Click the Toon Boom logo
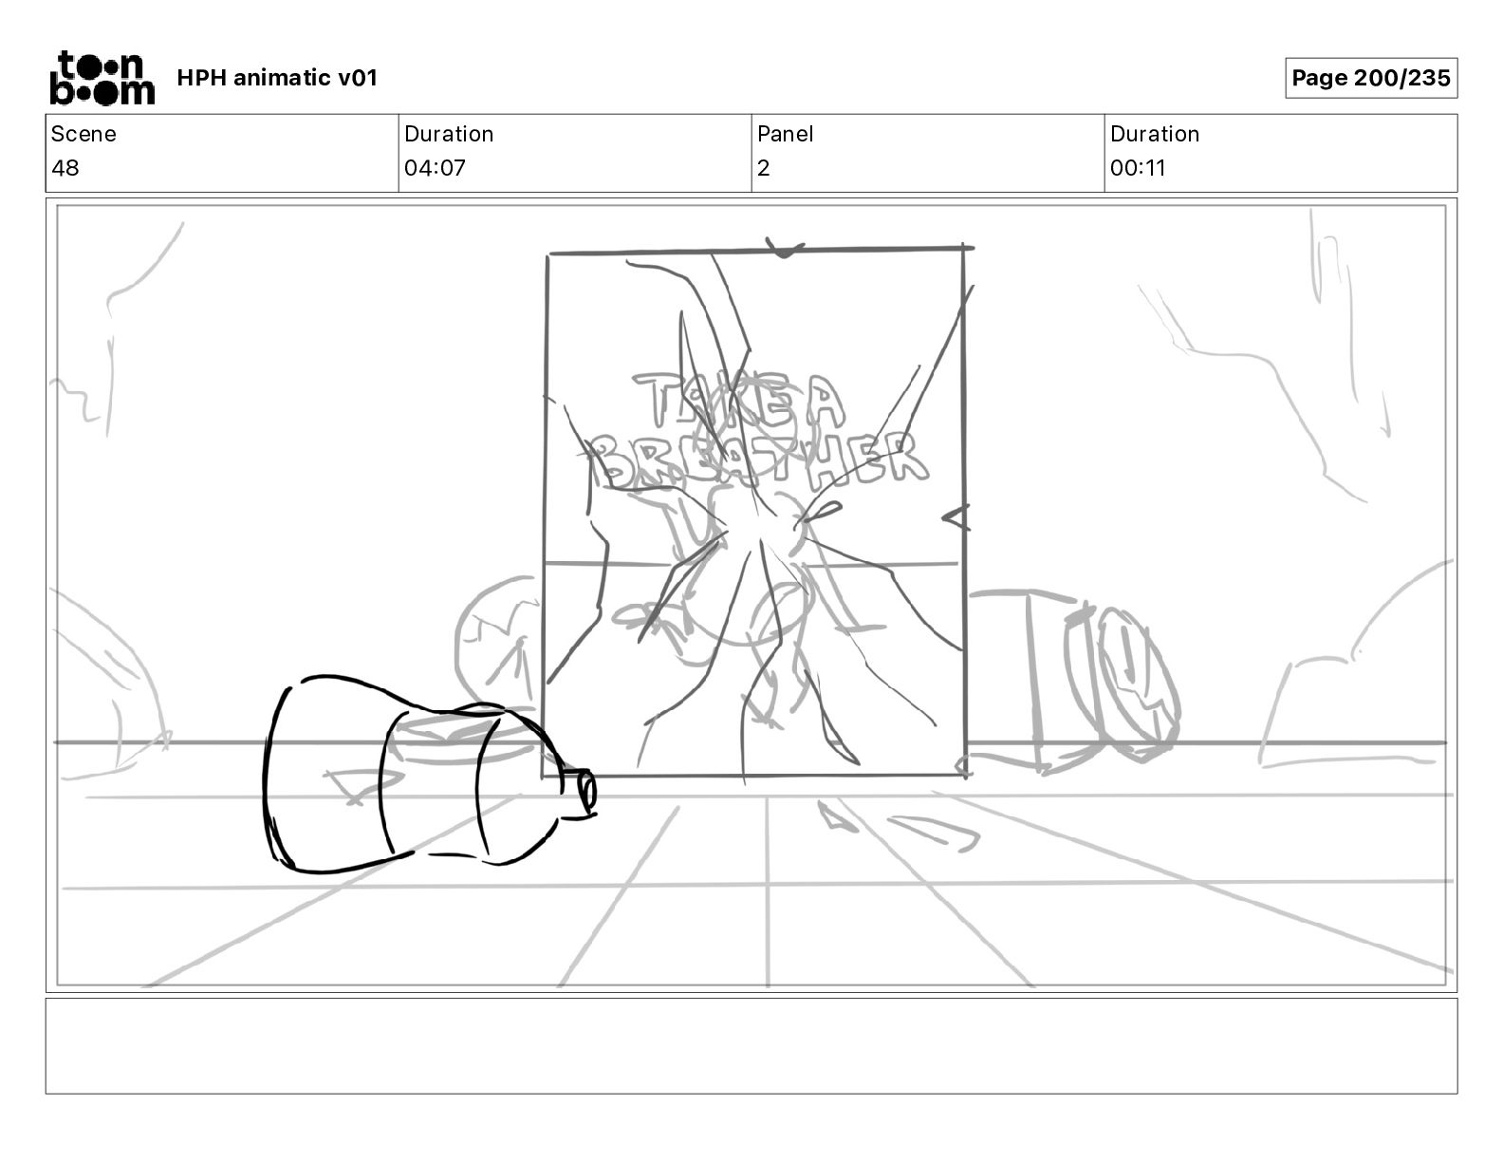102,78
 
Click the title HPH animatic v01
277,78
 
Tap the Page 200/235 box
1371,78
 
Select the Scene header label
83,134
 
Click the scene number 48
65,167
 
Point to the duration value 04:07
435,167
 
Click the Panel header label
785,134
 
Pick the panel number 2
764,167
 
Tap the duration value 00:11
1138,167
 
